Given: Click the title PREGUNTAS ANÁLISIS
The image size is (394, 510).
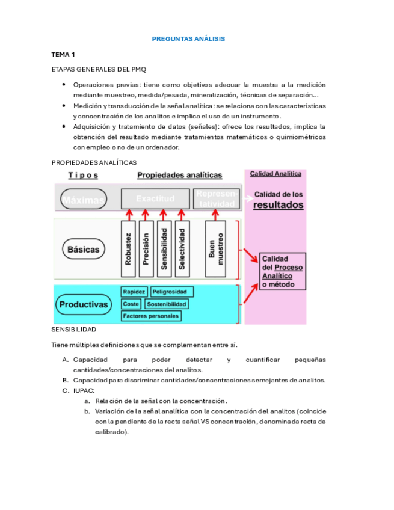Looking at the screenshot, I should [x=188, y=38].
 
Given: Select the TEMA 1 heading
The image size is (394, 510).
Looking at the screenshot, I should [x=63, y=54].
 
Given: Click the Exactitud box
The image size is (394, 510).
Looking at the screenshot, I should [x=155, y=198].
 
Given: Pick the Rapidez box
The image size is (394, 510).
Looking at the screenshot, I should [x=134, y=292].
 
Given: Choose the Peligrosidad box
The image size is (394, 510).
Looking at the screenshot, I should [x=172, y=292].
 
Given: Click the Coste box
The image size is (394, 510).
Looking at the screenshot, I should [x=131, y=304].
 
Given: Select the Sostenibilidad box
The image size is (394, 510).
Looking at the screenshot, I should [x=167, y=304].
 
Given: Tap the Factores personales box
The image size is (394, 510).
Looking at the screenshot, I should [x=150, y=316].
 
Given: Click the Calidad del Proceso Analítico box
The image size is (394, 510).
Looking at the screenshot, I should [x=282, y=271].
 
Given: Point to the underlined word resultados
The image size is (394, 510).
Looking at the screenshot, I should [x=278, y=205].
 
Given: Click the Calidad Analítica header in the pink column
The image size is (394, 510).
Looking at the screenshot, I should [x=275, y=174].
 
